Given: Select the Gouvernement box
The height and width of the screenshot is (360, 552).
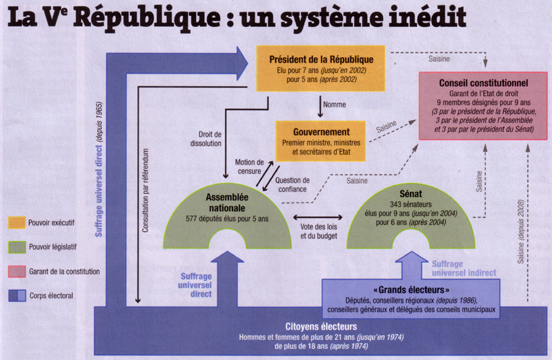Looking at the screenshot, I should [320, 141].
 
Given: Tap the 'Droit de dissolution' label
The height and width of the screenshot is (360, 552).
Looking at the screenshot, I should [206, 139].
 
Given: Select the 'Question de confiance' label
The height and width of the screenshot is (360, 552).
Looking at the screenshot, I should [293, 185].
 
